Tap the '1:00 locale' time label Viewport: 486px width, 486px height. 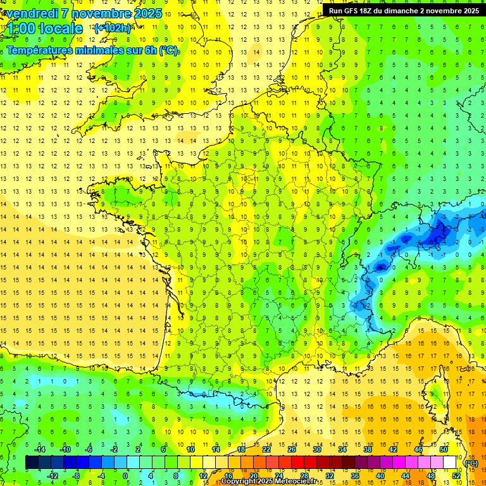[x=45, y=28]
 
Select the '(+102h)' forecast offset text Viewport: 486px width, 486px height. [x=113, y=28]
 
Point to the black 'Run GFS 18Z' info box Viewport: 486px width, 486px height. [x=403, y=10]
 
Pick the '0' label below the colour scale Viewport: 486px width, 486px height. [x=125, y=475]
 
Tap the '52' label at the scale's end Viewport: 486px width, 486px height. [x=456, y=475]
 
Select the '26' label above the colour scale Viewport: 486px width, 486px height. [x=291, y=449]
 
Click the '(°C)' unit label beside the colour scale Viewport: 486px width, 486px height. [x=471, y=463]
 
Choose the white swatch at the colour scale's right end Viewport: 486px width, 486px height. [x=449, y=463]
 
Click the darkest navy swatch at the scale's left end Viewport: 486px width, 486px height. [x=32, y=463]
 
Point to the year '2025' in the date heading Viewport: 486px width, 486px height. [x=148, y=13]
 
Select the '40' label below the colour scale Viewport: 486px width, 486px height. [x=380, y=475]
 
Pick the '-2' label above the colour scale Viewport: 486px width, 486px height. [x=114, y=449]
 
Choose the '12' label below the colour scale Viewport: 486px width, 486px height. [x=202, y=475]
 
